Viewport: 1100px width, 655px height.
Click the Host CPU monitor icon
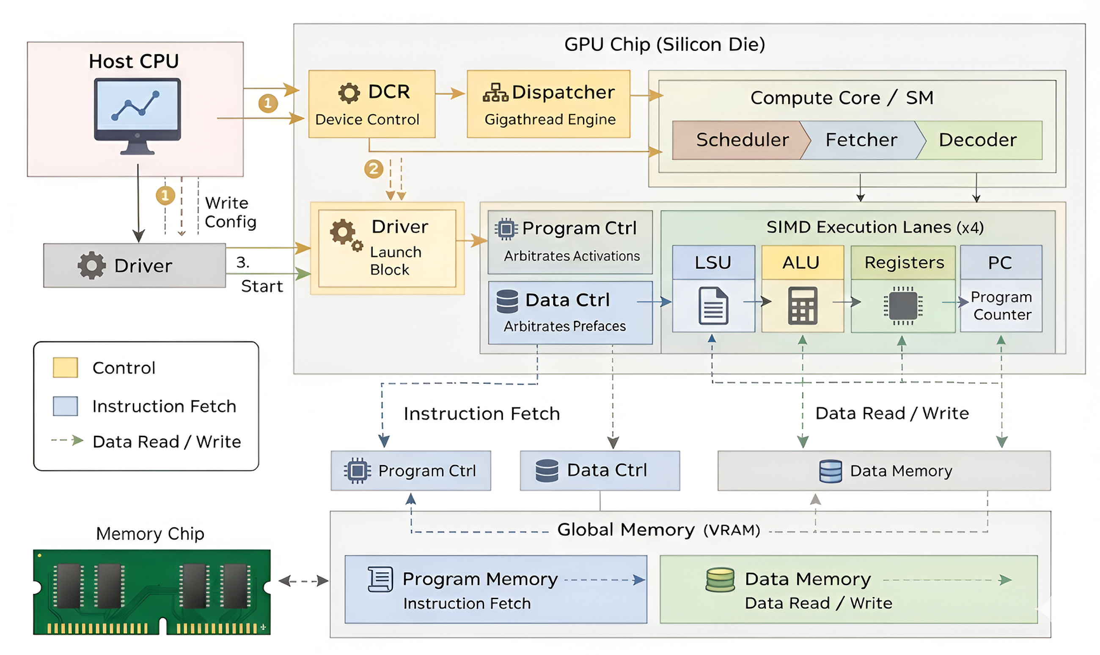coord(137,116)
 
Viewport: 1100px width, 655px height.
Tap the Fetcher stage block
coord(861,140)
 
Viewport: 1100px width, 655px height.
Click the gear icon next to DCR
coord(349,93)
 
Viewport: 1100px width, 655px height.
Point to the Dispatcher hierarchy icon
coord(495,93)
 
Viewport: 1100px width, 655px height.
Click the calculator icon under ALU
coord(802,305)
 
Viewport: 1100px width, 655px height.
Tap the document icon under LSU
coord(713,305)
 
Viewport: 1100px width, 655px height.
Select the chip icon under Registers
coord(903,305)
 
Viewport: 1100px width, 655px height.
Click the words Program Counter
coord(1001,305)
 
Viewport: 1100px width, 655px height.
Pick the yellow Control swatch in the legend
coord(65,367)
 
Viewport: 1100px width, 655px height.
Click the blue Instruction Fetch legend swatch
coord(65,406)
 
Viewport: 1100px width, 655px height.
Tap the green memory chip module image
coord(152,592)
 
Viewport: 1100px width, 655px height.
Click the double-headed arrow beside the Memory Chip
coord(304,581)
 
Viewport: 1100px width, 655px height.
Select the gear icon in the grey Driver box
coord(92,265)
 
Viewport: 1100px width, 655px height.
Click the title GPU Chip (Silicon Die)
coord(665,44)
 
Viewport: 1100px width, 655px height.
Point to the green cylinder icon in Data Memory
coord(720,579)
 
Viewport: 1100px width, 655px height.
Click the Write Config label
coord(230,212)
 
